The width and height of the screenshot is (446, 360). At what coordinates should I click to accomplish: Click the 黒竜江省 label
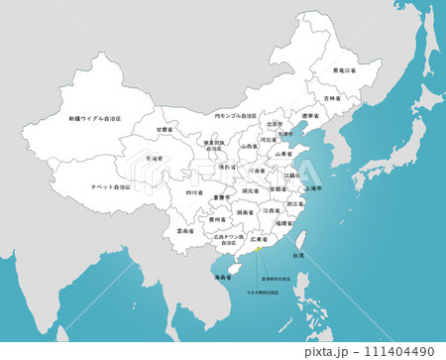pyautogui.click(x=344, y=71)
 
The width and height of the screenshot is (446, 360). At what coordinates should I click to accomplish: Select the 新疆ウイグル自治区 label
pyautogui.click(x=95, y=118)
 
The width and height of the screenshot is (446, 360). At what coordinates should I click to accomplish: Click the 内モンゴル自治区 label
pyautogui.click(x=236, y=116)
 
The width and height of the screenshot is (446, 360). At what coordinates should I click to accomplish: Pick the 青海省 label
pyautogui.click(x=154, y=158)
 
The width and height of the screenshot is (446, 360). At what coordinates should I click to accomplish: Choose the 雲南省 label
pyautogui.click(x=184, y=230)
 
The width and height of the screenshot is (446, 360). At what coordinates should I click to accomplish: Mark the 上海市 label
pyautogui.click(x=314, y=187)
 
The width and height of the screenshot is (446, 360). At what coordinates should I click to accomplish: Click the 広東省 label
pyautogui.click(x=259, y=239)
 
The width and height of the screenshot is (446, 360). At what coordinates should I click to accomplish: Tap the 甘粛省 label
pyautogui.click(x=165, y=130)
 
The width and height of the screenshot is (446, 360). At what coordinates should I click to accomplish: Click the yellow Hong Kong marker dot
pyautogui.click(x=259, y=251)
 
